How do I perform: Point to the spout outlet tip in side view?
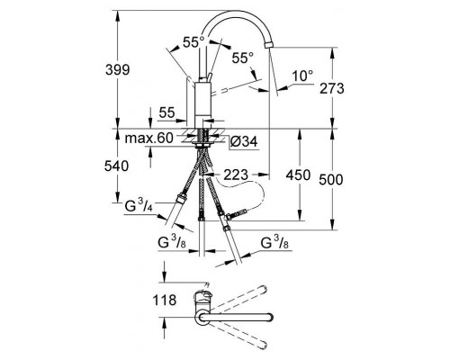269,88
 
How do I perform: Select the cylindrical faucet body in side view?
203,99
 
